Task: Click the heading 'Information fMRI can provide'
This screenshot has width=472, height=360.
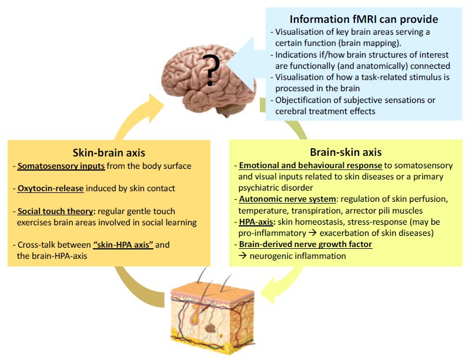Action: pos(364,19)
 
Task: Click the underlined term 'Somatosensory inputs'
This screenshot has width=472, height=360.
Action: pos(61,166)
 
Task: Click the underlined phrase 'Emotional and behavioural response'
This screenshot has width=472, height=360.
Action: pos(310,166)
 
